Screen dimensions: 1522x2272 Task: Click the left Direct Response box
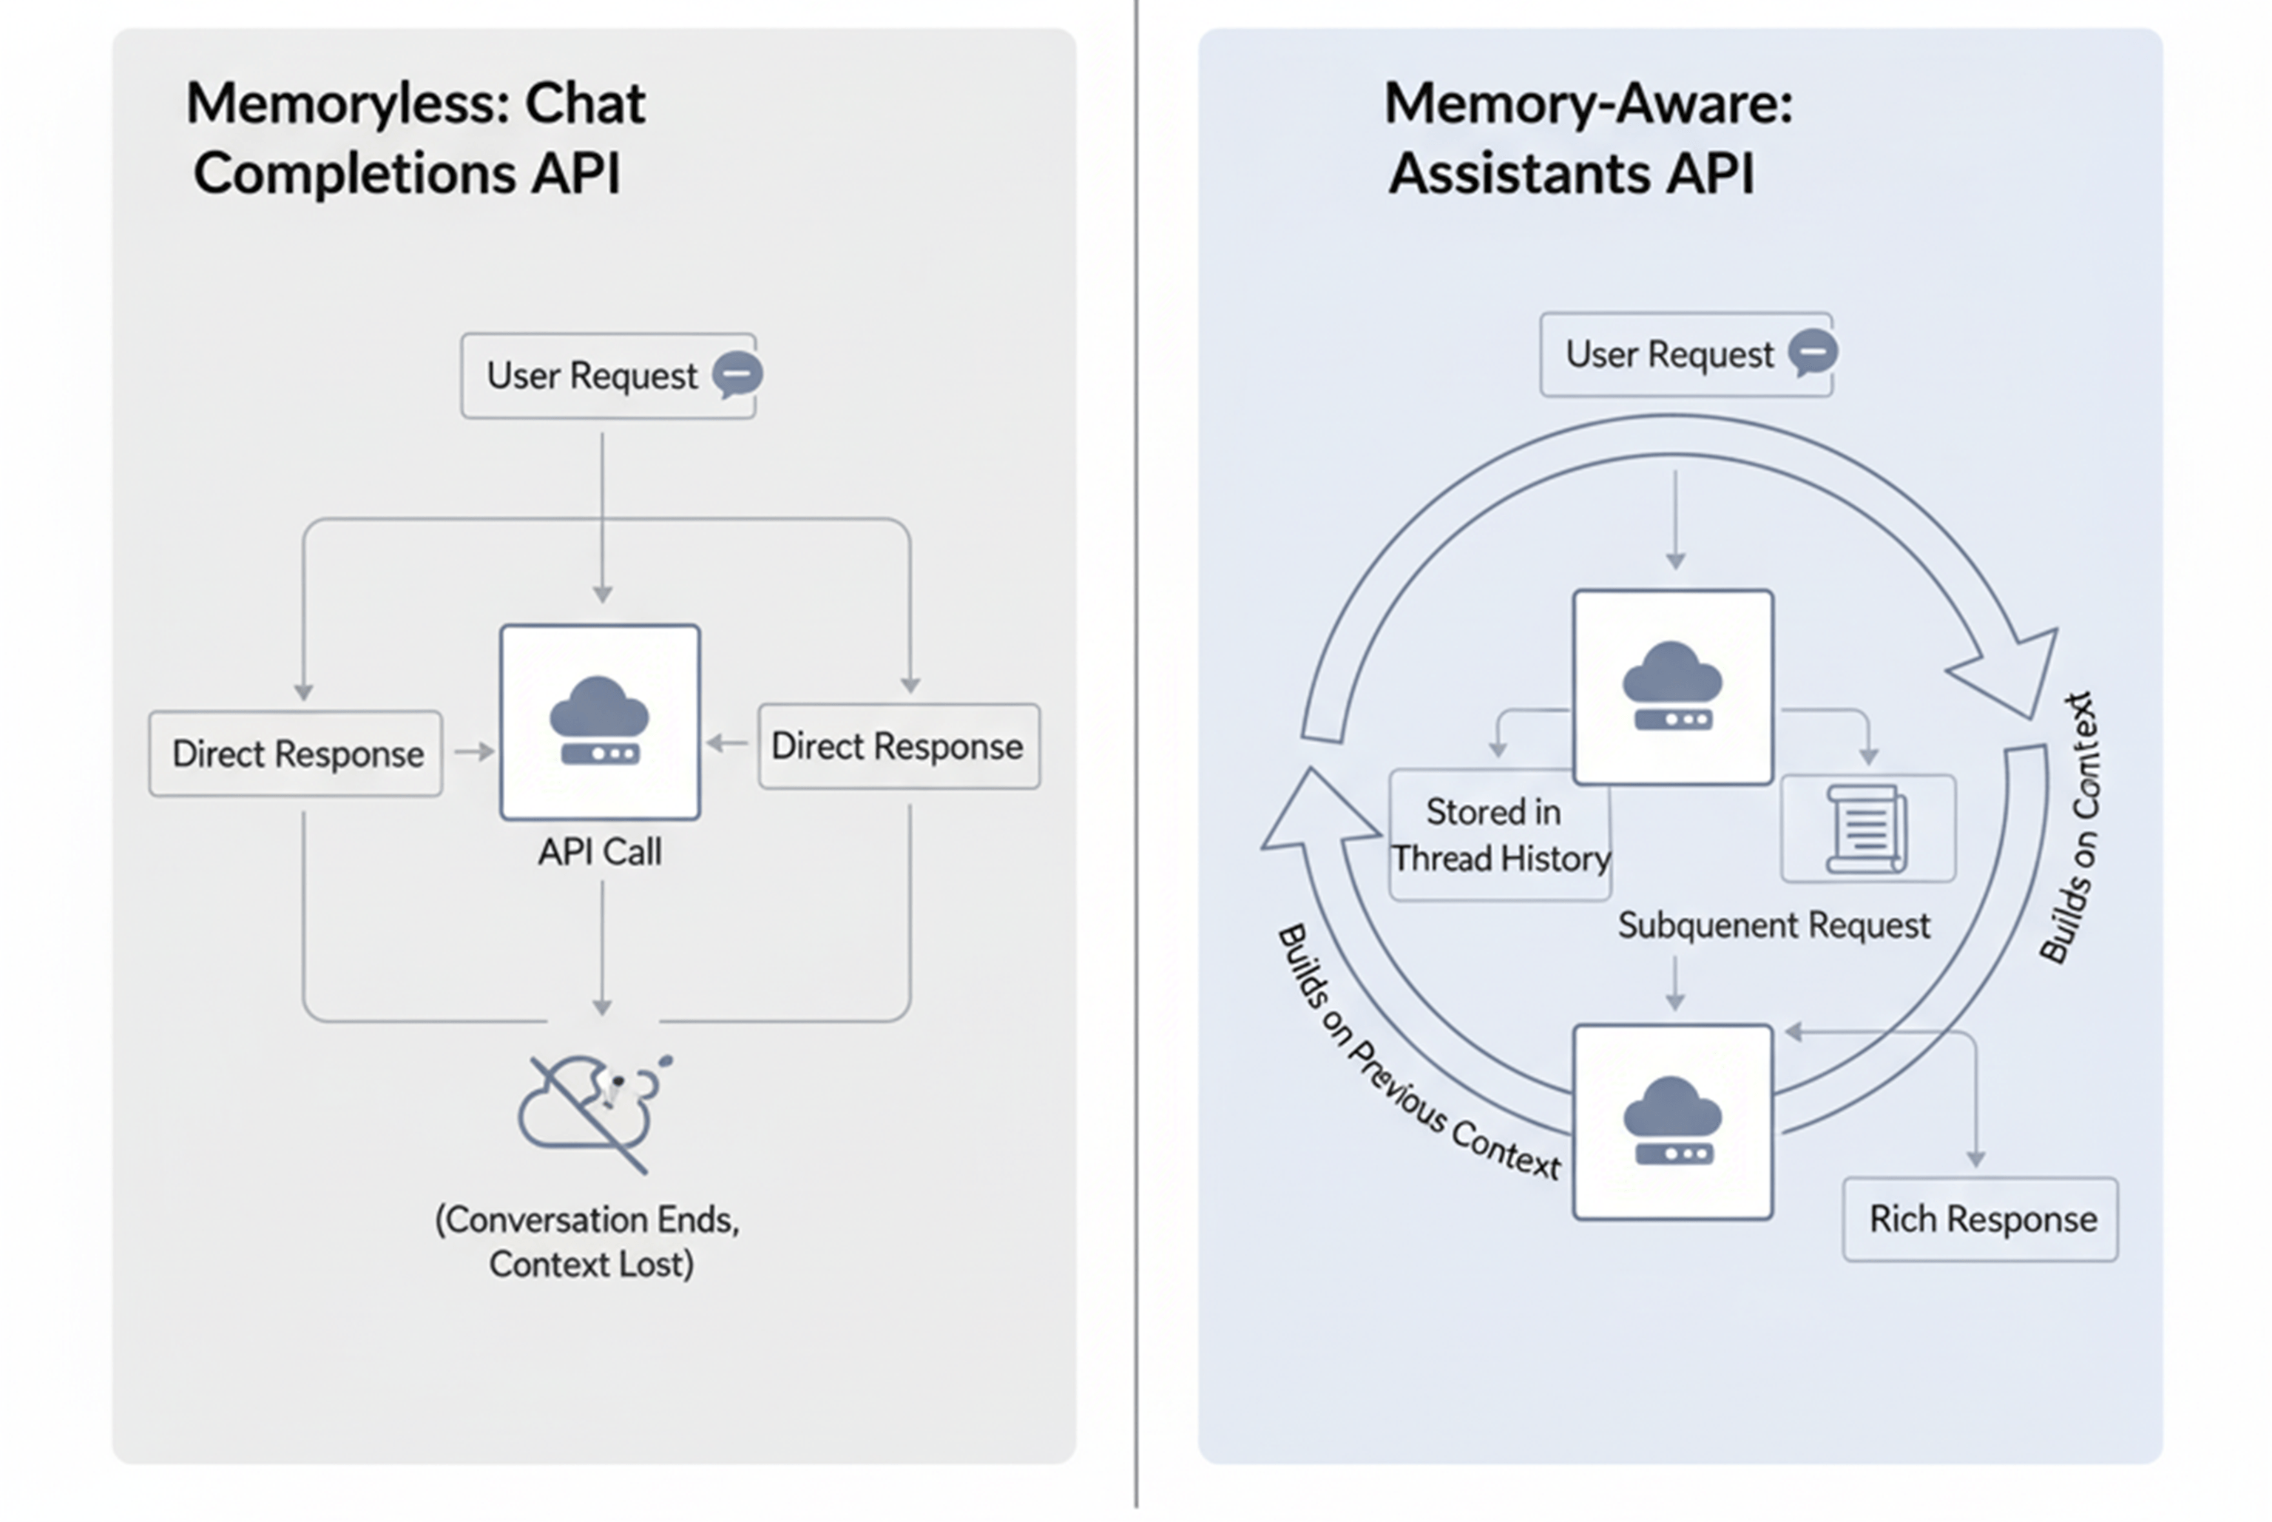pos(296,754)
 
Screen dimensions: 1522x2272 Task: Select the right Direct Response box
pos(898,746)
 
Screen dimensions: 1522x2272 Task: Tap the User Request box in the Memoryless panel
pos(607,376)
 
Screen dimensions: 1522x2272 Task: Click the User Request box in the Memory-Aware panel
pos(1686,354)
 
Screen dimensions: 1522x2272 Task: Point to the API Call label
pos(600,852)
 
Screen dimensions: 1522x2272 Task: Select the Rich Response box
pos(1980,1219)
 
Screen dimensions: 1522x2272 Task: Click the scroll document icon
pos(1866,828)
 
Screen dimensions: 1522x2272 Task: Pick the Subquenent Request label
pos(1773,925)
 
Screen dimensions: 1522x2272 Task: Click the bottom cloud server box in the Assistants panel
pos(1672,1121)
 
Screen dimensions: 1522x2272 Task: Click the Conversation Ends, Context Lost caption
pos(588,1242)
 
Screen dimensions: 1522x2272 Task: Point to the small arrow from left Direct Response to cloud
pos(473,751)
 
